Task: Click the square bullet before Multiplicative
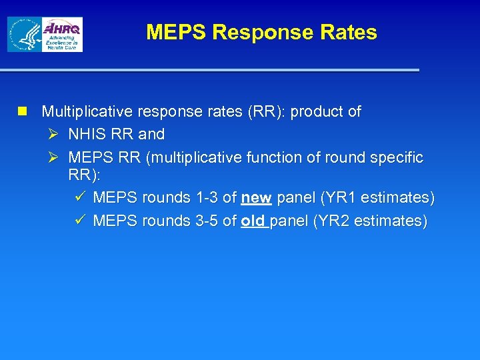pos(23,111)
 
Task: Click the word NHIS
pos(87,134)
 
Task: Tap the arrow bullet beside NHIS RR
pos(54,134)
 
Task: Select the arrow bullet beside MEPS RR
pos(54,157)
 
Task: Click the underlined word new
pos(256,198)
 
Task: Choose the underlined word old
pos(253,221)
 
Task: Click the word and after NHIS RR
pos(151,134)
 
